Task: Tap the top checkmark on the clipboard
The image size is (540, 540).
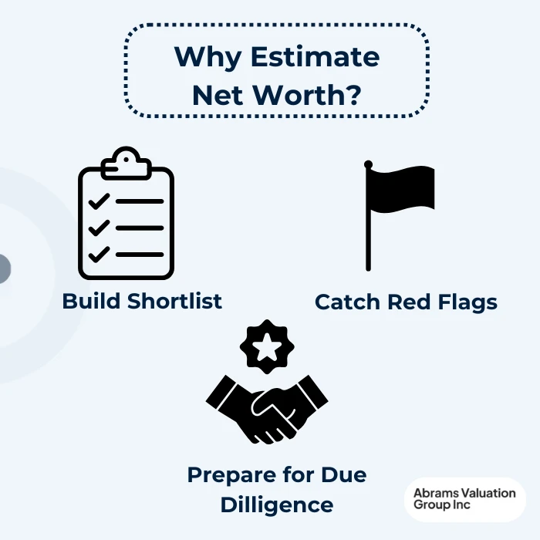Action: (x=98, y=202)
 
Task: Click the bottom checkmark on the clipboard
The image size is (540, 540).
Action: (x=98, y=254)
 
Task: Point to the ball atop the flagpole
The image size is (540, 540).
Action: (x=369, y=164)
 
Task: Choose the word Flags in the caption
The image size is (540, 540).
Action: (x=467, y=302)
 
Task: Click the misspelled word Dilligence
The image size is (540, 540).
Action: (x=277, y=505)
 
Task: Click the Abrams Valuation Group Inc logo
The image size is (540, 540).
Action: (x=464, y=499)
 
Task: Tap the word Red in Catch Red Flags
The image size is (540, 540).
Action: (x=407, y=302)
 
